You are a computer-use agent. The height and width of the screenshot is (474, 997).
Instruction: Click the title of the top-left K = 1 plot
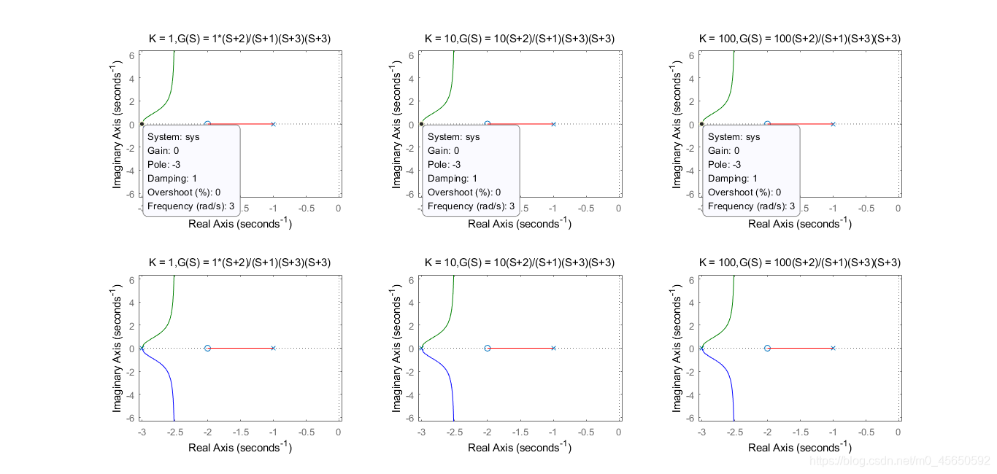pyautogui.click(x=239, y=39)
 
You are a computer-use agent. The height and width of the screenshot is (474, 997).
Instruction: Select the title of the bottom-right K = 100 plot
pyautogui.click(x=800, y=263)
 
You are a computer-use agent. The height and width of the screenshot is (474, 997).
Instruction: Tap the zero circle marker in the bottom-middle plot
pyautogui.click(x=488, y=348)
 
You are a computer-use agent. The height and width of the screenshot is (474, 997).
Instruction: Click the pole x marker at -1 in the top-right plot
pyautogui.click(x=834, y=124)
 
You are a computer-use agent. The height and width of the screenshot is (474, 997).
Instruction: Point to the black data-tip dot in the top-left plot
pyautogui.click(x=142, y=124)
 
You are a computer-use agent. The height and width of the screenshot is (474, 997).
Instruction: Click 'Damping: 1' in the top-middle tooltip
pyautogui.click(x=453, y=179)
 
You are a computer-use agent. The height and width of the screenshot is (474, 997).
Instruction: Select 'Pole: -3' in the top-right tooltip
pyautogui.click(x=724, y=165)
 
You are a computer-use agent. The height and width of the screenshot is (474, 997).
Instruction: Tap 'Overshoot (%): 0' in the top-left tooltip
pyautogui.click(x=184, y=192)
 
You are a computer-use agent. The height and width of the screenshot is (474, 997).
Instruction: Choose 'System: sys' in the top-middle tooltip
pyautogui.click(x=453, y=137)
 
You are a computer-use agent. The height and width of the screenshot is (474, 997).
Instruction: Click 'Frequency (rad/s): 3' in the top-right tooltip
pyautogui.click(x=751, y=206)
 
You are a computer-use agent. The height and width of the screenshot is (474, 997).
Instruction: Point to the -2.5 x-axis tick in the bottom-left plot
pyautogui.click(x=175, y=432)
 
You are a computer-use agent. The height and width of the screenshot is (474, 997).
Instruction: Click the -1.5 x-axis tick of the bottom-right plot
pyautogui.click(x=800, y=432)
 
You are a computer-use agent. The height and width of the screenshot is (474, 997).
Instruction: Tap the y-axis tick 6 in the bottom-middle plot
pyautogui.click(x=411, y=280)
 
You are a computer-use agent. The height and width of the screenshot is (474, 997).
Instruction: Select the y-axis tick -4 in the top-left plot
pyautogui.click(x=130, y=171)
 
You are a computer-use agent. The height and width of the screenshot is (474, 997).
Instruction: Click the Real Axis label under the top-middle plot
pyautogui.click(x=520, y=222)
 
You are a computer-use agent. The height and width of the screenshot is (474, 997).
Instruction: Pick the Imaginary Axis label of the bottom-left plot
pyautogui.click(x=116, y=348)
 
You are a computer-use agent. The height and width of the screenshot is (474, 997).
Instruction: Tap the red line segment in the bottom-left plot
pyautogui.click(x=240, y=348)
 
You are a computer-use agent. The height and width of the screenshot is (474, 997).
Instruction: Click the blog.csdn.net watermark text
pyautogui.click(x=899, y=461)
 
